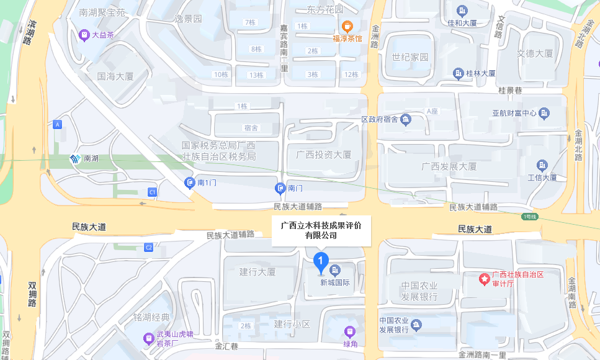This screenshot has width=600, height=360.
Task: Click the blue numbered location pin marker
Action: (321, 261)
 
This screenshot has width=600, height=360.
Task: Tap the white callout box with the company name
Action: (321, 230)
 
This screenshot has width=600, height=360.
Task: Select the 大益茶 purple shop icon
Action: (84, 35)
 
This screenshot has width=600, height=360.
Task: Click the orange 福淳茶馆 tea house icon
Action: (348, 26)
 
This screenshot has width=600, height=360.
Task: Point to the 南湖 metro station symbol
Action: (74, 159)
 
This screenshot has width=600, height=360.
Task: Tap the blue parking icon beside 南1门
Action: (190, 182)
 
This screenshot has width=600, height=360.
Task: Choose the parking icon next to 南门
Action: (280, 187)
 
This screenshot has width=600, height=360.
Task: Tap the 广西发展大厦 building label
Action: (449, 166)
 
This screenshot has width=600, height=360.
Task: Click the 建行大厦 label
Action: (257, 272)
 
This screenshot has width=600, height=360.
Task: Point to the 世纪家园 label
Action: (410, 57)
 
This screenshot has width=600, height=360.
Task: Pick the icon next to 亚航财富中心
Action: (544, 113)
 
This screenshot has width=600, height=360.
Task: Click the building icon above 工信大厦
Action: (542, 165)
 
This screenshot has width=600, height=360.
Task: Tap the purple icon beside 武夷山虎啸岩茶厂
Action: (148, 338)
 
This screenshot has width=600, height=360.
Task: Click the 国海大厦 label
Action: (116, 77)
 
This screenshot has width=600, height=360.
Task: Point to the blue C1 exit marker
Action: (152, 192)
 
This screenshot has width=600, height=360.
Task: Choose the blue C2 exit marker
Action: (148, 248)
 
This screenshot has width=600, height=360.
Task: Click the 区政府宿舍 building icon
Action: (406, 119)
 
